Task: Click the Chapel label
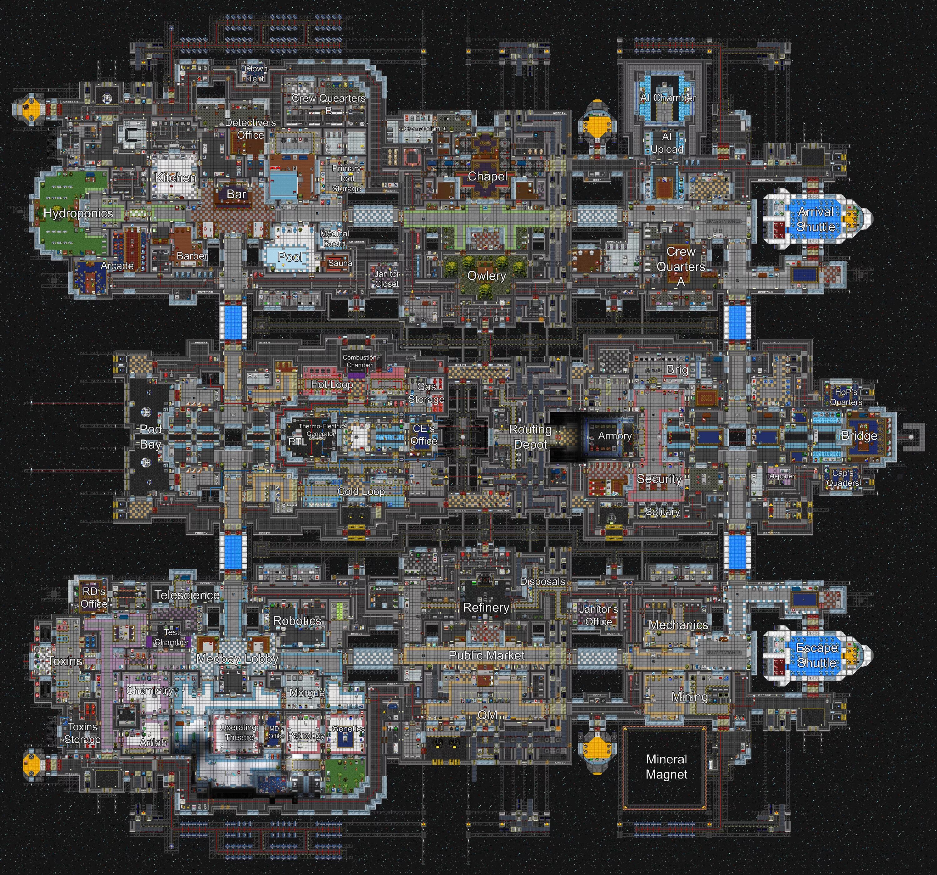pos(487,177)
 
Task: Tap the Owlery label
pos(486,276)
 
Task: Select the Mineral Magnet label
pos(667,767)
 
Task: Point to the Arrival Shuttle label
pos(816,219)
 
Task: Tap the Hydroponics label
pos(78,214)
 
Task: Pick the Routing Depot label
pos(530,437)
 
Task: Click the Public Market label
pos(486,655)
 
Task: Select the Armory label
pos(615,436)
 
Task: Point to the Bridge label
pos(859,436)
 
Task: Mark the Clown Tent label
pos(256,73)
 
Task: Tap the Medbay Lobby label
pos(237,659)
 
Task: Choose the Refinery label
pos(486,608)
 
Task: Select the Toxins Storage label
pos(82,733)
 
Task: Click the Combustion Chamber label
pos(359,361)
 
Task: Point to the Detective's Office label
pos(250,129)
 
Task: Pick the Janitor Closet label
pos(387,279)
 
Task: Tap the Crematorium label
pos(422,129)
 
